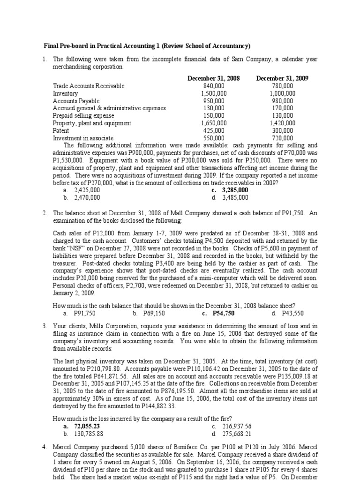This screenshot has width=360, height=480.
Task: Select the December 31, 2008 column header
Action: [x=214, y=78]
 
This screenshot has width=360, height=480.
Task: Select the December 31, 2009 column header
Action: [x=282, y=78]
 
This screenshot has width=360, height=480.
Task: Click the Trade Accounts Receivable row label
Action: [x=89, y=86]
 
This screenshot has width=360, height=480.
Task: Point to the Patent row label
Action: [x=61, y=131]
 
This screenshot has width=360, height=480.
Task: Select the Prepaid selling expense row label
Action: [x=83, y=116]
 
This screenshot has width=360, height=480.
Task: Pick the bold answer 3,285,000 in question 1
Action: [x=235, y=190]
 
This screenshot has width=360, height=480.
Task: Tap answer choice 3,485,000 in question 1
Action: [x=235, y=198]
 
